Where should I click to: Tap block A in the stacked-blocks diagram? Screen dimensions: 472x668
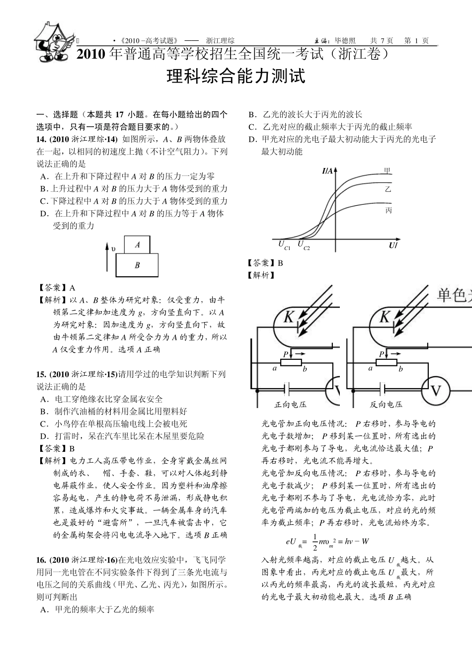[x=137, y=245]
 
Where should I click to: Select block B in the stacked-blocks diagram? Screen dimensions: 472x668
[x=137, y=265]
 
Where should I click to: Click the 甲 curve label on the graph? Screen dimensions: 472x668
[x=388, y=171]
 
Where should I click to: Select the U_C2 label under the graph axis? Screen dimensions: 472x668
[x=303, y=245]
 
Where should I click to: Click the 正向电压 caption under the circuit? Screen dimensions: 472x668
[x=291, y=404]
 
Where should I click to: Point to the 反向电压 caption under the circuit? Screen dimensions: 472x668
[x=386, y=404]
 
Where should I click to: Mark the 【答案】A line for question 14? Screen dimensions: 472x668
[x=57, y=288]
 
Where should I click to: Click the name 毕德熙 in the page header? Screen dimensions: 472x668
[x=345, y=41]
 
